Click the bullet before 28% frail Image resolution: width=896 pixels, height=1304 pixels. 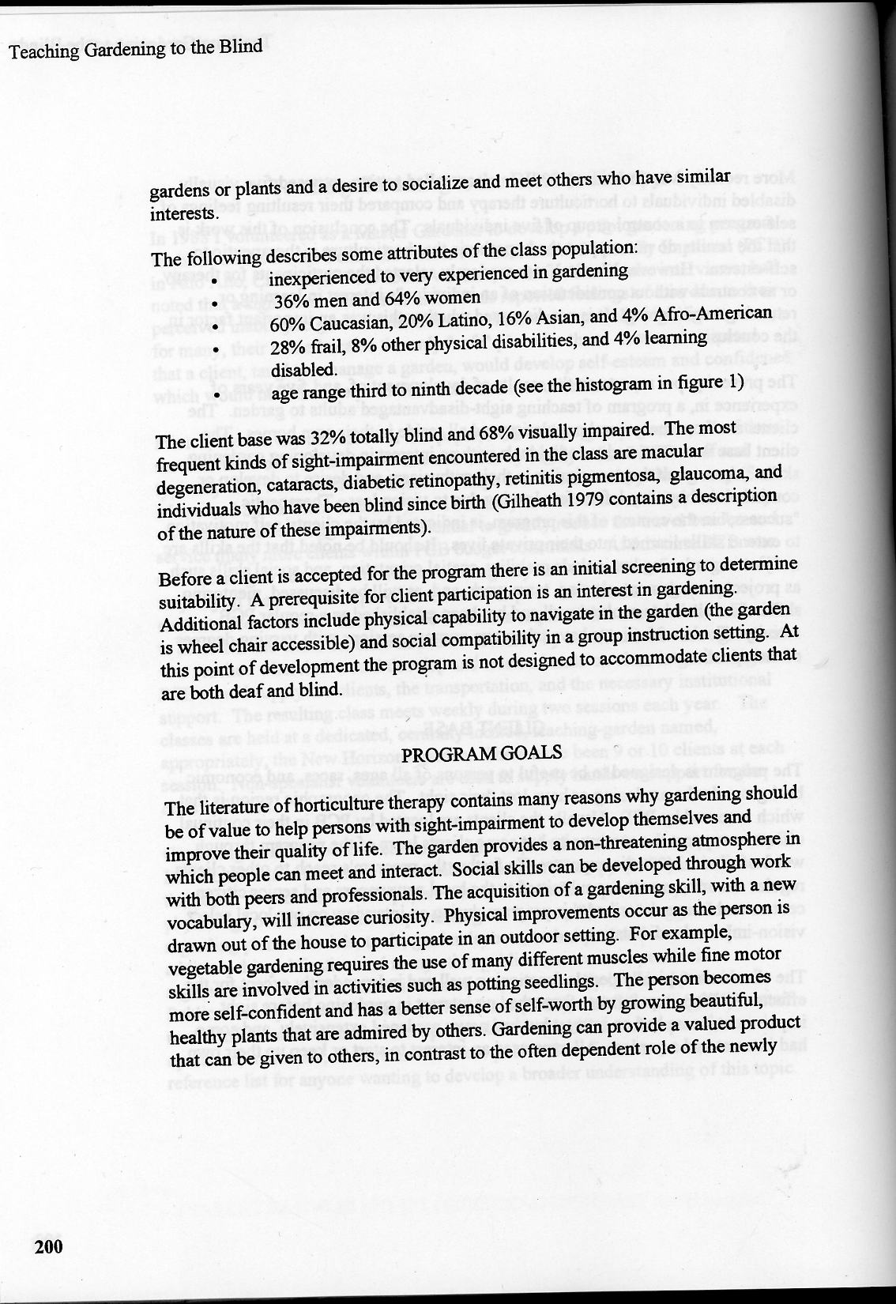214,348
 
